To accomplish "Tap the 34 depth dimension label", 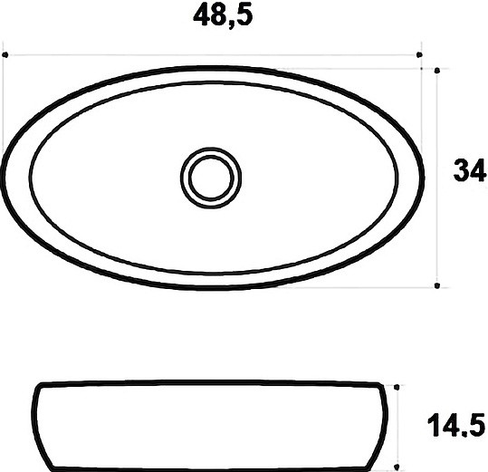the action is click(470, 170).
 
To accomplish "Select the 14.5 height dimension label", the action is click(456, 425).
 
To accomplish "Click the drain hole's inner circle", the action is click(211, 178).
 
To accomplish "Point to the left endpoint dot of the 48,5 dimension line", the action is click(5, 54).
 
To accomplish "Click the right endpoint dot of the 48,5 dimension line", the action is click(419, 54).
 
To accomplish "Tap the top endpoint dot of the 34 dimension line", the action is click(437, 71).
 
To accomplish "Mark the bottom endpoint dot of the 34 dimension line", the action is click(437, 285).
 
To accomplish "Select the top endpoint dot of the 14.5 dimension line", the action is click(397, 387).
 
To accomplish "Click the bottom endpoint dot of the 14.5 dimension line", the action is click(397, 467).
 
